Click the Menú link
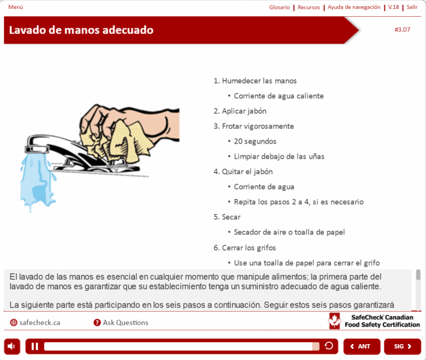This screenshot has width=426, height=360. tap(16, 7)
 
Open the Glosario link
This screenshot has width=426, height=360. tap(279, 7)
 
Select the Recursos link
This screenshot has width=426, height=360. tap(309, 7)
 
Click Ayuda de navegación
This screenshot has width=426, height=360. tap(354, 7)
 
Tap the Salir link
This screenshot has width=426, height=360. tap(412, 7)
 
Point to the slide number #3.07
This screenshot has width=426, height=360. tap(402, 30)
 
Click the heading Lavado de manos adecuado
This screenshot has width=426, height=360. tap(81, 30)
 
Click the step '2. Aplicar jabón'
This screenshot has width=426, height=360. tap(240, 111)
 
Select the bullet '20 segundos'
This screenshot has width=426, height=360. tap(255, 142)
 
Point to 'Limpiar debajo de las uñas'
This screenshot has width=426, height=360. tap(279, 156)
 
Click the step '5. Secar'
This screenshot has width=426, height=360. tap(227, 217)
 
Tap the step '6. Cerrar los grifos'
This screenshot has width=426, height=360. tap(245, 248)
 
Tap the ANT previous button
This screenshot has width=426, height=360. tap(362, 346)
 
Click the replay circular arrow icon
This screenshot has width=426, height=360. tap(329, 346)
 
